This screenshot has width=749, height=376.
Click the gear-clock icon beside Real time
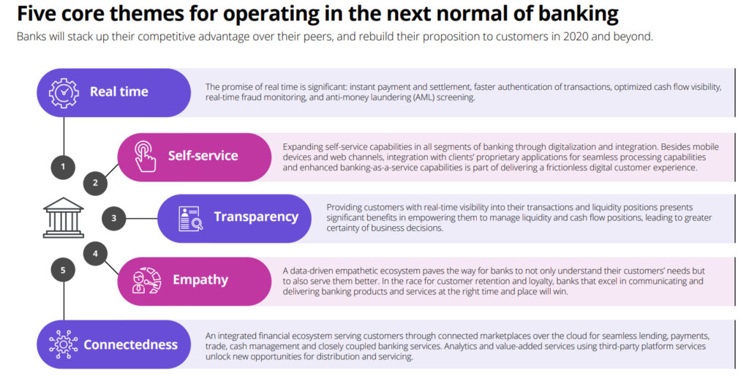click(64, 92)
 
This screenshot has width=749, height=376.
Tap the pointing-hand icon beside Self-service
click(144, 156)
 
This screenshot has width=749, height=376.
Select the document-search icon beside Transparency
click(190, 218)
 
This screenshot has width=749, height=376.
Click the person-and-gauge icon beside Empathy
click(146, 280)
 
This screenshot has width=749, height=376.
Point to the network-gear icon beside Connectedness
click(63, 345)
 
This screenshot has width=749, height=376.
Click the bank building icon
click(64, 218)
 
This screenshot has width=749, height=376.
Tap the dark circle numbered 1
click(63, 167)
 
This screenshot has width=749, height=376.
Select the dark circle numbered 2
click(95, 182)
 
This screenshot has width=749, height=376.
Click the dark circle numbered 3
click(113, 218)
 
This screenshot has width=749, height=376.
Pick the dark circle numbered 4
click(95, 254)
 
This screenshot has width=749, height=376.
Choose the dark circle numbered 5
click(63, 270)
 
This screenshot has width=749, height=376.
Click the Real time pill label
click(119, 91)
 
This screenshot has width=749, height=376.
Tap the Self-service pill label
click(203, 156)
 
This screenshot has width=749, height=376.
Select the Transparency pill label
click(256, 217)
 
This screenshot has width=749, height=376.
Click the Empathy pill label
click(200, 280)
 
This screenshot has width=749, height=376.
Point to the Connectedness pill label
click(130, 345)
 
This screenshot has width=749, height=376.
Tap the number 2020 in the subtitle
click(575, 37)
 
